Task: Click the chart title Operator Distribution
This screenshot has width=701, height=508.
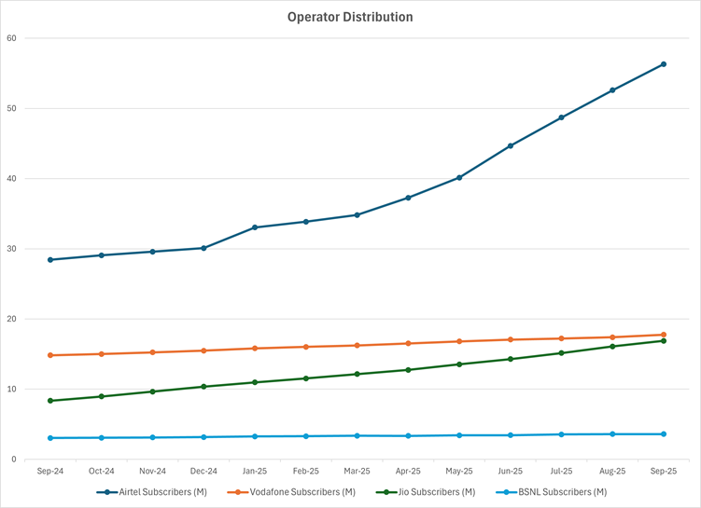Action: tap(351, 17)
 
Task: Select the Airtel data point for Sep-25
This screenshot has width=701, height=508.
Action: tap(664, 64)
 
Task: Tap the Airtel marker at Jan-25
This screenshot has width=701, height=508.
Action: tap(255, 227)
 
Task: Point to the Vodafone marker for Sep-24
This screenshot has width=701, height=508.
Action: tap(49, 355)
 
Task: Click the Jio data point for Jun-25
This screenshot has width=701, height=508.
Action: tap(511, 359)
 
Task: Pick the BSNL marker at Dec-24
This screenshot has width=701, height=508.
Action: tap(203, 437)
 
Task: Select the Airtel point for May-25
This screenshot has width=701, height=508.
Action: tap(459, 177)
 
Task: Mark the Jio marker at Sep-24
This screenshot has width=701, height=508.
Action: tap(49, 401)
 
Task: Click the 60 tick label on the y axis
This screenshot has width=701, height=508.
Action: tap(12, 38)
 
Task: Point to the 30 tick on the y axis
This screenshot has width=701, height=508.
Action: tap(12, 249)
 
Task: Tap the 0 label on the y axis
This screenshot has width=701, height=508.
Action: tap(15, 460)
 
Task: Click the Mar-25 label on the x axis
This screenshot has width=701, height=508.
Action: tap(357, 472)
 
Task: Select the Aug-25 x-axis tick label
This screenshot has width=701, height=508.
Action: tap(612, 472)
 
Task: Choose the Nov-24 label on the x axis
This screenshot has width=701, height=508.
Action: tap(152, 472)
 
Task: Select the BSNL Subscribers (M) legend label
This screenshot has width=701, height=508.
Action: tap(556, 491)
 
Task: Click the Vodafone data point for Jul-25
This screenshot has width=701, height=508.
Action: tap(562, 338)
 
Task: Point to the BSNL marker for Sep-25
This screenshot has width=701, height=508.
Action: tap(664, 434)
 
